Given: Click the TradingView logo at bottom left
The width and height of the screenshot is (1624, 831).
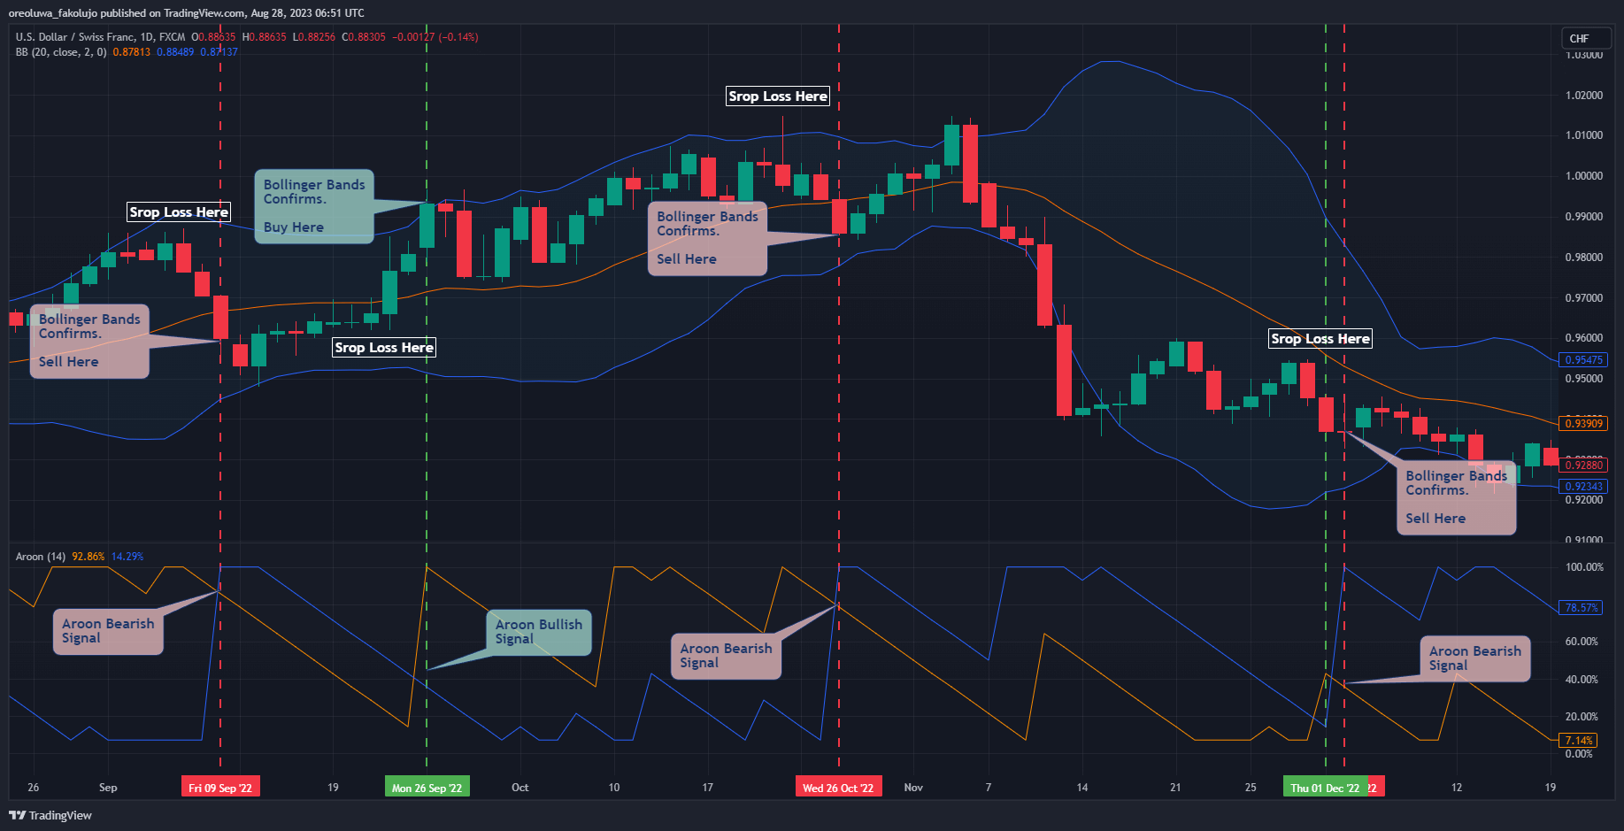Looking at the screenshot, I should tap(50, 815).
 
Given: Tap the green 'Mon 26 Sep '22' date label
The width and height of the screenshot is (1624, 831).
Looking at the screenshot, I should tap(427, 788).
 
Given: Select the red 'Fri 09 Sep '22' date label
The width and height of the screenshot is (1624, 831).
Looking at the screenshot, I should tap(220, 788).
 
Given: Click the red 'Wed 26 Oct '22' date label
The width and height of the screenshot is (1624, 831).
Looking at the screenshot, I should tap(837, 788).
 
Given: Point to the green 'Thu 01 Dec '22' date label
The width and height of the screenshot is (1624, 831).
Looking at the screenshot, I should tap(1324, 788).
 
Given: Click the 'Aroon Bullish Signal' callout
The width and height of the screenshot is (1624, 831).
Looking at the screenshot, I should tap(538, 631).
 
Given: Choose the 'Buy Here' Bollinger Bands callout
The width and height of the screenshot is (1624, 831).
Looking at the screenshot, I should tap(314, 206).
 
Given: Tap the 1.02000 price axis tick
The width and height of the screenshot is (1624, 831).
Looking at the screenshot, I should tap(1583, 96).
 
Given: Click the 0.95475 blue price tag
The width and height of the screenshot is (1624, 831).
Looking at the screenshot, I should tap(1583, 360).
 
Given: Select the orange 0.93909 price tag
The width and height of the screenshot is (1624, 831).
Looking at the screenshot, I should tap(1583, 424).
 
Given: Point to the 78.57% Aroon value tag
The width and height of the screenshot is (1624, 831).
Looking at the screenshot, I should tap(1582, 608).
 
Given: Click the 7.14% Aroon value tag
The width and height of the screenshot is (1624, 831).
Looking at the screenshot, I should tap(1579, 741).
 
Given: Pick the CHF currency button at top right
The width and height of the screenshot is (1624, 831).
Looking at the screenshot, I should tap(1580, 38).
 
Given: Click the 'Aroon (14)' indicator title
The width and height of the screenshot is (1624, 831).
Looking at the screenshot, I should tap(41, 557).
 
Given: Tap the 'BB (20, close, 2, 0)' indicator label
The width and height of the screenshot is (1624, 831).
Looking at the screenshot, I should tap(61, 52).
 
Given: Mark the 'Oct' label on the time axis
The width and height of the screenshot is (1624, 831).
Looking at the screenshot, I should tap(520, 788).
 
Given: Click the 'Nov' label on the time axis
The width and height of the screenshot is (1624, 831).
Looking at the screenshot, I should tap(913, 788).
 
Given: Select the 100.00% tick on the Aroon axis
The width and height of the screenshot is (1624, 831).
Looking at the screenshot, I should tap(1584, 567).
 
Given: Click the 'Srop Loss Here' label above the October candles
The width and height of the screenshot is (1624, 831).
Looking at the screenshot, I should tap(778, 96).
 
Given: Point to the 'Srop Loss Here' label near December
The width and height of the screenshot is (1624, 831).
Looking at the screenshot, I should tap(1320, 339).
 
